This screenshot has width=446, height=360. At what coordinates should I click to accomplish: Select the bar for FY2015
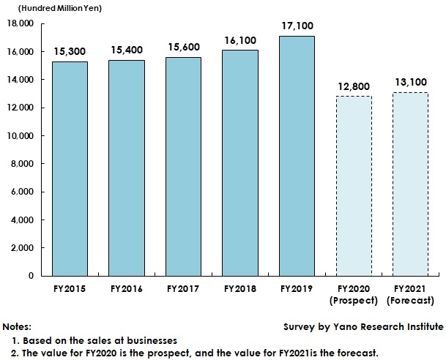point(70,168)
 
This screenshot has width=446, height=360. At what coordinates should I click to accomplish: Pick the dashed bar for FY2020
point(354,186)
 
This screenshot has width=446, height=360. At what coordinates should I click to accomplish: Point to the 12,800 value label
point(354,86)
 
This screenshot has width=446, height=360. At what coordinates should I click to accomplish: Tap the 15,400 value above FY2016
point(127,50)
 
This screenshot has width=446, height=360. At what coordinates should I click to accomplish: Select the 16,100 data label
point(241,40)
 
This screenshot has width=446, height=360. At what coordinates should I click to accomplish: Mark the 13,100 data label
point(411,83)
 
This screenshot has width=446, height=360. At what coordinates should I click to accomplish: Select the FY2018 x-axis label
point(241,289)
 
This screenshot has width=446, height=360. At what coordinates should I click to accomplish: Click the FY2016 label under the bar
point(127,289)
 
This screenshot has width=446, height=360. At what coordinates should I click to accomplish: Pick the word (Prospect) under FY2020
point(354,301)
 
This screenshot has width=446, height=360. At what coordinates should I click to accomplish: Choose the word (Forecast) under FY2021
point(411,301)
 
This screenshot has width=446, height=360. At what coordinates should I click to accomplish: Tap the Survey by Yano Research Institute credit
point(363,326)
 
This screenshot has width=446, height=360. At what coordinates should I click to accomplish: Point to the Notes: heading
point(18,326)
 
